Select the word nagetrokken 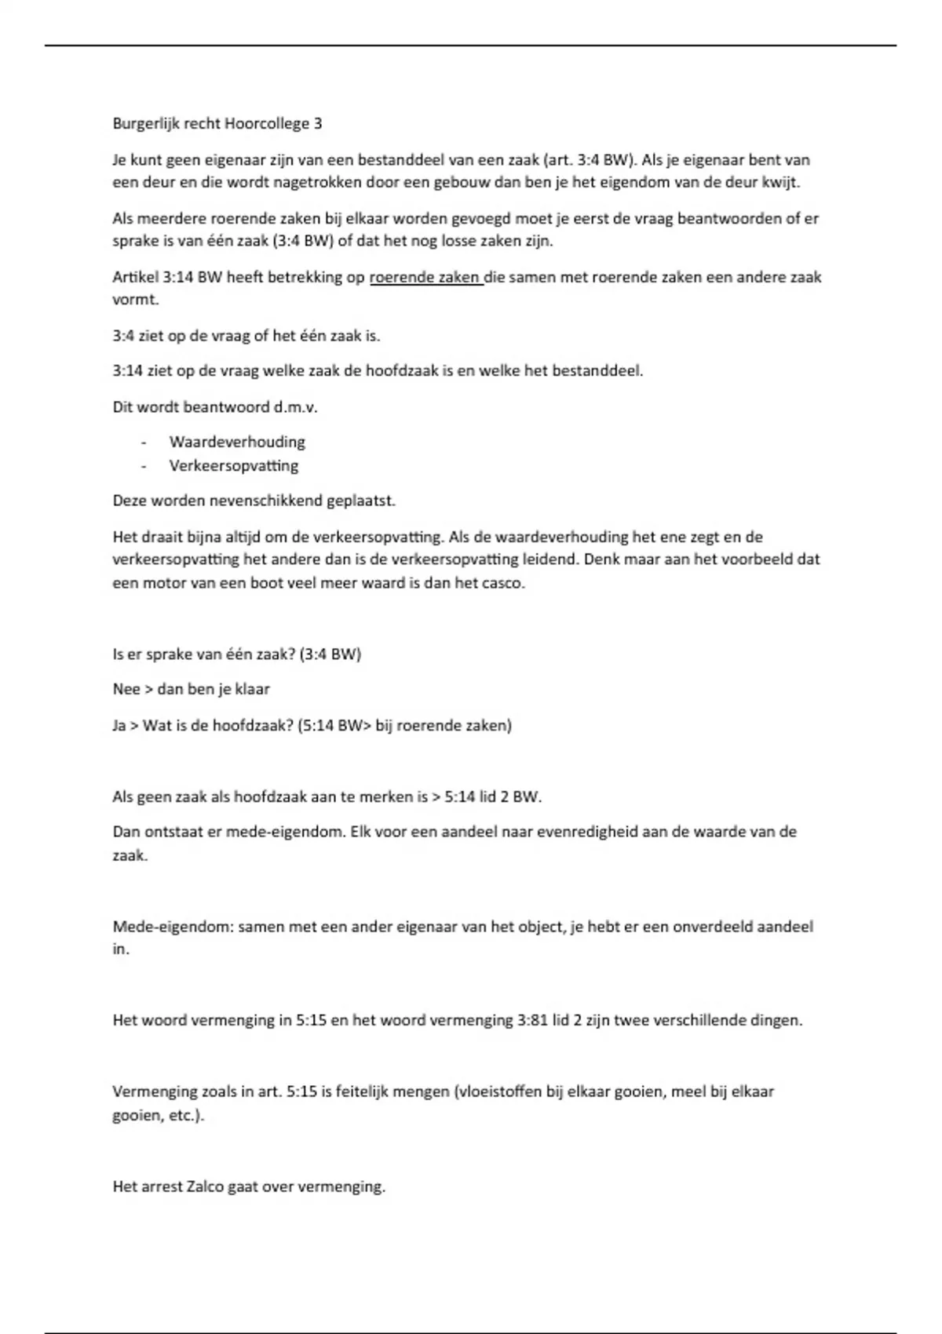(360, 183)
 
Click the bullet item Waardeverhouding (237, 442)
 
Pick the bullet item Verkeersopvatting (234, 466)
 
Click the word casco (502, 584)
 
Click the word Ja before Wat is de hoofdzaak (119, 726)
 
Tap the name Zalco (206, 1186)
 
